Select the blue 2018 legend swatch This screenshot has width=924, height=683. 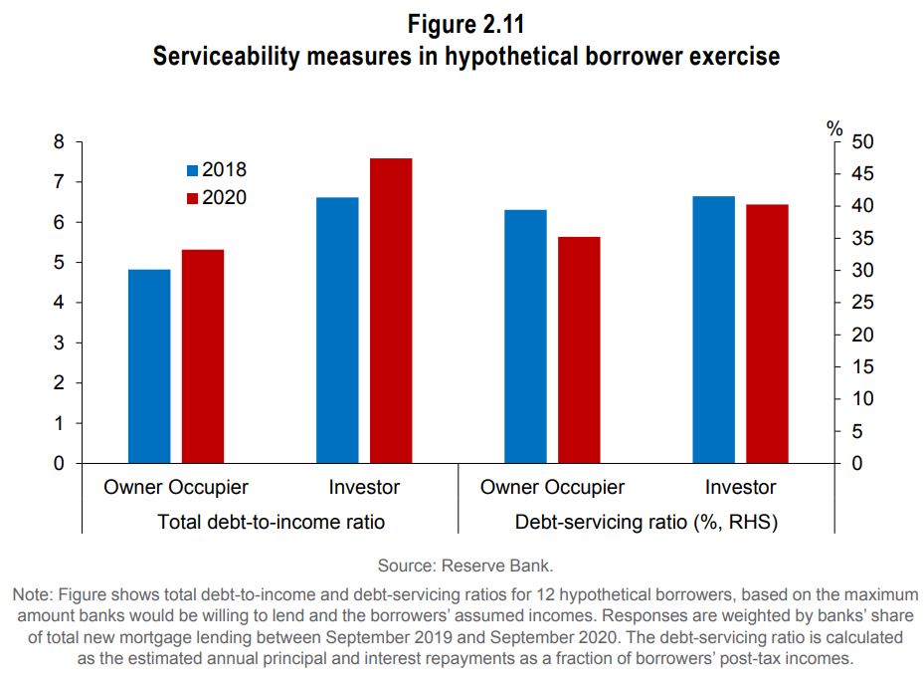pos(193,170)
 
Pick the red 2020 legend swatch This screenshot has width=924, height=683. pos(193,198)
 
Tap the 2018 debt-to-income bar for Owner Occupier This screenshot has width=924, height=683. pos(150,366)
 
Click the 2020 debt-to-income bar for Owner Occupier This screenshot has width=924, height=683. pos(203,356)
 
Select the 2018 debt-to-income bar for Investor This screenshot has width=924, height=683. pos(338,331)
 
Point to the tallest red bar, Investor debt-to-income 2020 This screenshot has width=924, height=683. pos(391,311)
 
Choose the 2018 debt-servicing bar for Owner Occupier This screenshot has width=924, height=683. pos(526,337)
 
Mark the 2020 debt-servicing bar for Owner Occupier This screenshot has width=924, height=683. pos(579,350)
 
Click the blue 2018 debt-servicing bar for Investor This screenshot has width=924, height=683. pos(714,330)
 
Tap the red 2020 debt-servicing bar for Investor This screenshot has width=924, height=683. pos(767,334)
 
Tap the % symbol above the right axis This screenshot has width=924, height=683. pos(834,128)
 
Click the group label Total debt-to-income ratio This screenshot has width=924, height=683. pos(271,522)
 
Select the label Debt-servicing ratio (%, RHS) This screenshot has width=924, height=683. pos(647,522)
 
